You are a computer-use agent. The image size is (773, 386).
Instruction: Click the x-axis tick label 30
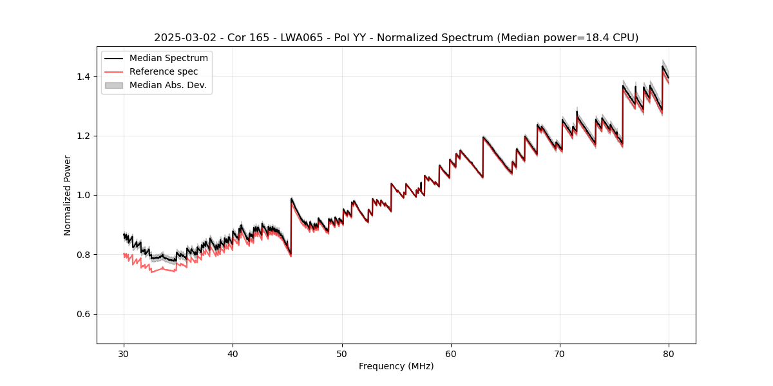124,353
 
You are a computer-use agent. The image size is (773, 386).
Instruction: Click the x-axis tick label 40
233,353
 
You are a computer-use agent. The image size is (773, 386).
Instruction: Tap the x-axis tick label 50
342,353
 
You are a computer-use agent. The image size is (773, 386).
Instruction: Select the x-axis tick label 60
451,353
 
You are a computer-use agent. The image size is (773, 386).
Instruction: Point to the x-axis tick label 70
560,353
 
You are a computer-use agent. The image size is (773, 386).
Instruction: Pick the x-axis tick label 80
669,353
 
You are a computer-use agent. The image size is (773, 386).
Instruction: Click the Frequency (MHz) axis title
396,366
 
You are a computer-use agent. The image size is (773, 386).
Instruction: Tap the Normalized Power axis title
68,195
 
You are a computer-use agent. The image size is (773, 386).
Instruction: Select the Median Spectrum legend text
169,59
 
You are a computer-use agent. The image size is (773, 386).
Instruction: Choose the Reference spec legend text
164,71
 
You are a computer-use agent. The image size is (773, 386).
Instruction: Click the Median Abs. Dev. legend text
168,85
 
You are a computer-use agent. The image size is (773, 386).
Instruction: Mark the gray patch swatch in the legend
113,85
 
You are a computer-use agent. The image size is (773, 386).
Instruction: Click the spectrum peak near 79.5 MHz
662,66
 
